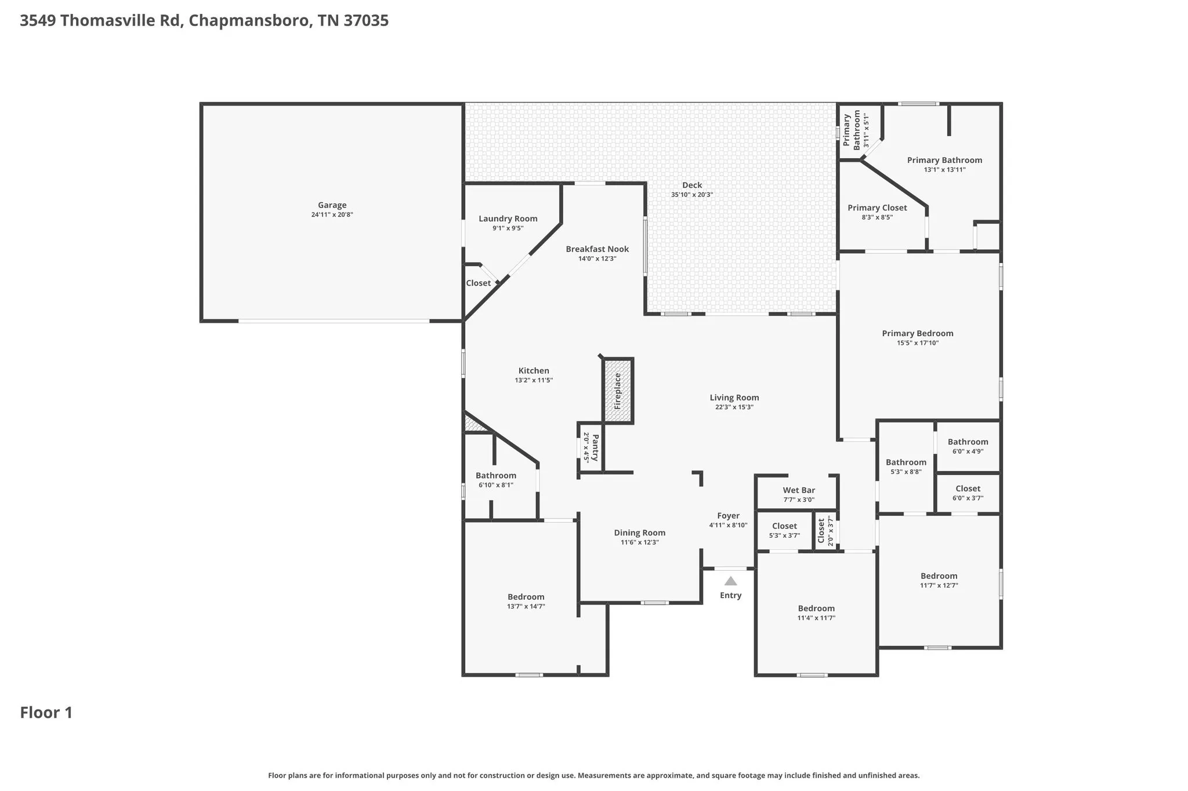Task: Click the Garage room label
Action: point(332,205)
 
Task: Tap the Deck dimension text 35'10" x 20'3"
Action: point(692,195)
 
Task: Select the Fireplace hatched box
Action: point(618,391)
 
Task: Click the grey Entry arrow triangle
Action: point(730,581)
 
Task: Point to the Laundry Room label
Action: point(508,218)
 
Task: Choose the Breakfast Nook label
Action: point(597,249)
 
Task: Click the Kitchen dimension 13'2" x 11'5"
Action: point(534,380)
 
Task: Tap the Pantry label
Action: point(595,447)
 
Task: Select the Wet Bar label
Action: point(799,490)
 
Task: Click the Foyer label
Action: point(728,516)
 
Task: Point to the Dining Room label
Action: point(640,533)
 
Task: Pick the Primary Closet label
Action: point(877,208)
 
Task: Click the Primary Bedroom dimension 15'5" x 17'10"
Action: point(918,343)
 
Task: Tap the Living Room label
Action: point(734,398)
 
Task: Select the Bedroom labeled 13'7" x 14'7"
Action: point(526,597)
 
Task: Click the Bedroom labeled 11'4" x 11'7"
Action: point(816,608)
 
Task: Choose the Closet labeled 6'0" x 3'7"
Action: point(968,489)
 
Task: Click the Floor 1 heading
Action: point(46,712)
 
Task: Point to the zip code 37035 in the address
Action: point(366,21)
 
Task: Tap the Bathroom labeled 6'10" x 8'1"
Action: point(496,476)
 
